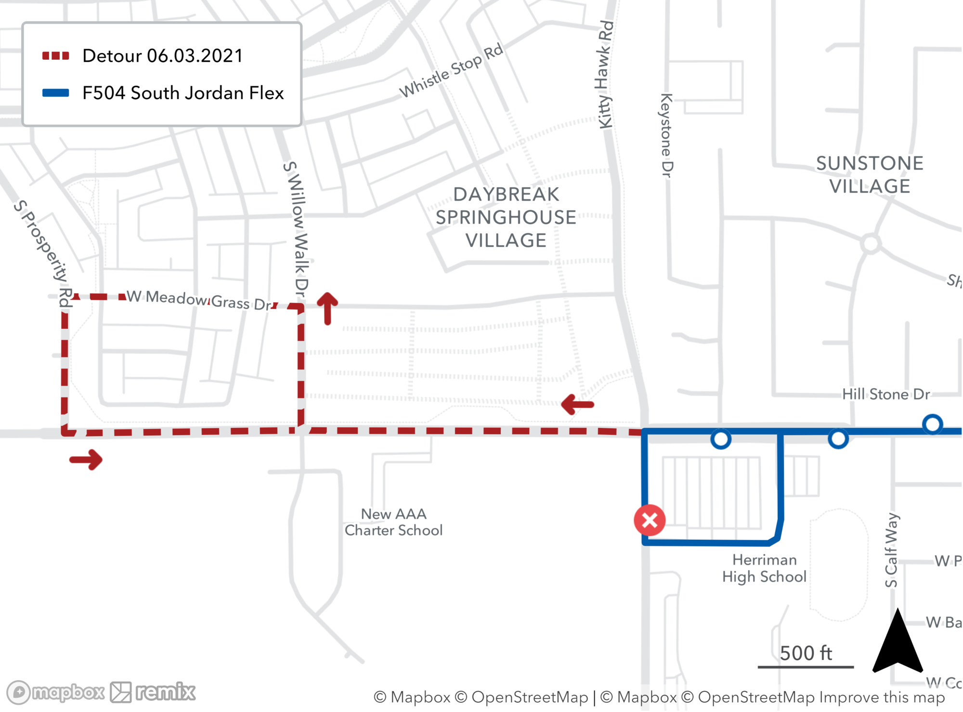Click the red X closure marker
point(650,520)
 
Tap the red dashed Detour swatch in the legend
point(55,56)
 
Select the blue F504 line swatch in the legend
point(55,93)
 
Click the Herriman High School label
point(764,568)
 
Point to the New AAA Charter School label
point(393,522)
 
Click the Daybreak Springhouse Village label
point(506,217)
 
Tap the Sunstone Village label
point(870,174)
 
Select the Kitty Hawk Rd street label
point(606,75)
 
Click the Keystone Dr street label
point(666,135)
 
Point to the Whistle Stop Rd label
point(451,70)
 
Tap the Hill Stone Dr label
point(885,394)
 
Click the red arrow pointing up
point(327,308)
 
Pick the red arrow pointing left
point(577,404)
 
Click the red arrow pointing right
point(86,460)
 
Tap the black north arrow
point(898,643)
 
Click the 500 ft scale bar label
point(806,653)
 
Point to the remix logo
point(153,692)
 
